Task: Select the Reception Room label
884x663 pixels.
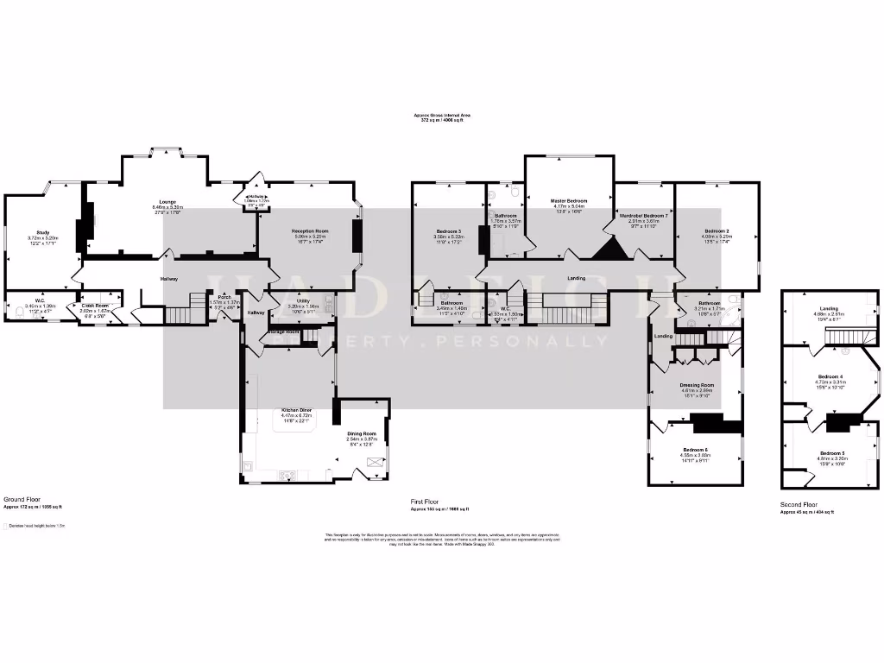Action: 310,231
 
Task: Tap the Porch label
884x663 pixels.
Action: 224,297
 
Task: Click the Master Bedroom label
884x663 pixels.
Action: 569,201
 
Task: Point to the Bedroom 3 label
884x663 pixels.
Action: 448,231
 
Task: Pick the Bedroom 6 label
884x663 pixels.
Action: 695,450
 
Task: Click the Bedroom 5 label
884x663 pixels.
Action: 831,453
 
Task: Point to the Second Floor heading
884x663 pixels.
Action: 799,505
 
